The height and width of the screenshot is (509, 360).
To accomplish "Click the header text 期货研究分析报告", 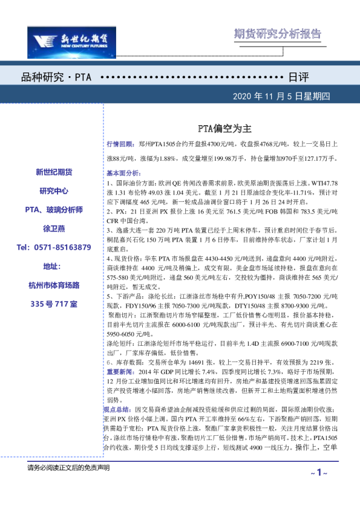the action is (x=277, y=34).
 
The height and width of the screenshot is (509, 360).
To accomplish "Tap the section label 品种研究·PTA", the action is (x=56, y=78).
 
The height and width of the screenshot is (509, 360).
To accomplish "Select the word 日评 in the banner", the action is (x=298, y=78).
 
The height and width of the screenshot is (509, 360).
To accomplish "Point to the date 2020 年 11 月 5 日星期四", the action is (x=290, y=96).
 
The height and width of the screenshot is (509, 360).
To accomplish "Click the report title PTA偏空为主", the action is (x=224, y=129).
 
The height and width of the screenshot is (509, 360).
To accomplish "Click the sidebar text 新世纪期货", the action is (x=54, y=172).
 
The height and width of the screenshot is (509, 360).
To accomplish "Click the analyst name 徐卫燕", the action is (x=54, y=229).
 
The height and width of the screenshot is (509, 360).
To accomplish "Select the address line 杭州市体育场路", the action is (x=54, y=285).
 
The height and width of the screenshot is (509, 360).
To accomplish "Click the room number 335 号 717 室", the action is (x=54, y=303).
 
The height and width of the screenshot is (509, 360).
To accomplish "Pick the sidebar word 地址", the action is (x=54, y=266).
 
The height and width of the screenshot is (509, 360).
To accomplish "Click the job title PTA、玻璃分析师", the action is (x=54, y=209).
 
